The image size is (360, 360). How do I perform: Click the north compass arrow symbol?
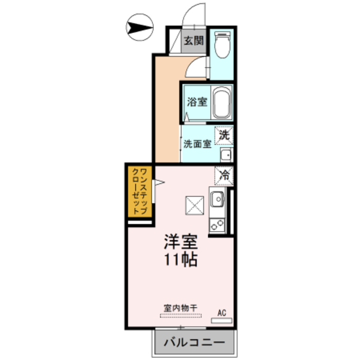[139, 27]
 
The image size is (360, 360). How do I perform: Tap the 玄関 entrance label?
[194, 41]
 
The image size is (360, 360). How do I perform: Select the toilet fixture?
[222, 45]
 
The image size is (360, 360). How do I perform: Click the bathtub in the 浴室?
[222, 102]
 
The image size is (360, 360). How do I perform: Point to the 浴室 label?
[197, 102]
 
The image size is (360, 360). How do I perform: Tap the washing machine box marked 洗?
[224, 136]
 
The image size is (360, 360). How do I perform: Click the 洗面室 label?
[197, 144]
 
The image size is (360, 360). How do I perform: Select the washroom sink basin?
[226, 155]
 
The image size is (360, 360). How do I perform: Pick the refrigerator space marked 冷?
[224, 176]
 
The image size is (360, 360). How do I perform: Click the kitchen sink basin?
[217, 199]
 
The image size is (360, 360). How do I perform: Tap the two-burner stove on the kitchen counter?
[217, 225]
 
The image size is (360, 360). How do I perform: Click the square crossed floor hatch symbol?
[195, 205]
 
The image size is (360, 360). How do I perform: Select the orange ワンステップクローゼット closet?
[140, 191]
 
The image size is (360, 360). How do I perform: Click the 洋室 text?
[181, 241]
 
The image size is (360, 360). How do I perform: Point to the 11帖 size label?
[181, 260]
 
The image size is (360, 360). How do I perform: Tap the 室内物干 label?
[181, 308]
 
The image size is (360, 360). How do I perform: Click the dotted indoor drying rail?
[181, 316]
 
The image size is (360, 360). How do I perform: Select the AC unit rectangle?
[222, 321]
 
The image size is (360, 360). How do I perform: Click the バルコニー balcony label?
[194, 343]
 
